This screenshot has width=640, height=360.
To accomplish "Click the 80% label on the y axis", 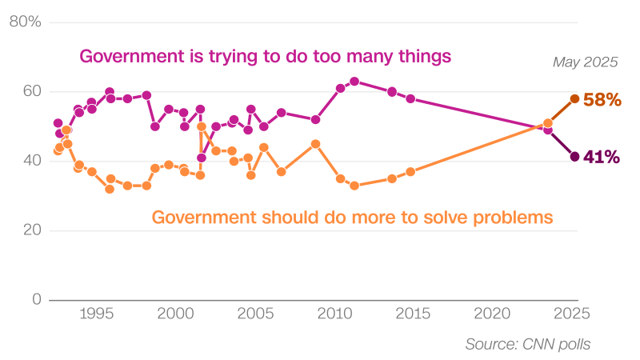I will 25,22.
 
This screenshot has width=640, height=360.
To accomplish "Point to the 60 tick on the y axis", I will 31,91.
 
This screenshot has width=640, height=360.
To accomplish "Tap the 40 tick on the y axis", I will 31,161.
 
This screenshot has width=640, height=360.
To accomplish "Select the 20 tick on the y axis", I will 31,230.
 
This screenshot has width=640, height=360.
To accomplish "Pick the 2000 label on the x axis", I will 176,312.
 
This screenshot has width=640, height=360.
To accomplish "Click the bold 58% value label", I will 602,100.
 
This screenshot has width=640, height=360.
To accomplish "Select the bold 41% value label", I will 602,158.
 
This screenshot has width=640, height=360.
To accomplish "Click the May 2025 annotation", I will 586,62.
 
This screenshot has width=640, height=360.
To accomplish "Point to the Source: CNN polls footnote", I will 528,344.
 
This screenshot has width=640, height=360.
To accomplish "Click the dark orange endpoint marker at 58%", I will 574,98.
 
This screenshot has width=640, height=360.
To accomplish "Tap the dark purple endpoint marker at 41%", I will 574,157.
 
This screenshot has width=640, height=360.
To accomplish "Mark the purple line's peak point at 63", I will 354,82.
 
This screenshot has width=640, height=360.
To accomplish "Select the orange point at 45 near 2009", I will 315,144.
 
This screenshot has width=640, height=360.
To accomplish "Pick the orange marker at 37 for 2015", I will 410,172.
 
